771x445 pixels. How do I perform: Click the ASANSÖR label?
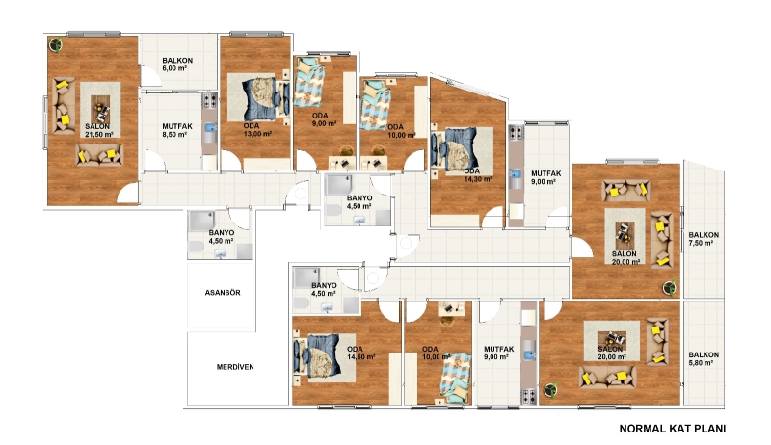[x=223, y=293]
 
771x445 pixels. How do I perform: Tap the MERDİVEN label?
[x=235, y=367]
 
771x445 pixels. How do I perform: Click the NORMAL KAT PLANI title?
[x=672, y=429]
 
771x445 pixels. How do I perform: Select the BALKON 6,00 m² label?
[x=177, y=65]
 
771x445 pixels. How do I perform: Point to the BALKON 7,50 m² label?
[x=704, y=239]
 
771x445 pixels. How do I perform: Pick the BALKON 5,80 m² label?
[x=704, y=358]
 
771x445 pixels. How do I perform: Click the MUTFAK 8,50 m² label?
[x=177, y=130]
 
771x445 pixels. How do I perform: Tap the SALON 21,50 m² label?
[x=99, y=130]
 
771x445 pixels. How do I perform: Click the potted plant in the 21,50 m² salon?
[x=56, y=45]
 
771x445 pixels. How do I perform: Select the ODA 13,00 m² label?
[x=257, y=130]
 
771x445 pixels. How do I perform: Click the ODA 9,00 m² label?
[x=324, y=119]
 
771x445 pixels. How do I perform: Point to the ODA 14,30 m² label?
[x=478, y=175]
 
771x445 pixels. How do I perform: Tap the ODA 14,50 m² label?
[x=360, y=353]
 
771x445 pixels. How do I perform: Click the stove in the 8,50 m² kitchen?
[x=210, y=101]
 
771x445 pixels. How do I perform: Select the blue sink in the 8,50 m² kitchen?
[x=210, y=128]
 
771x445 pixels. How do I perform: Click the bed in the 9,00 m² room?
[x=309, y=82]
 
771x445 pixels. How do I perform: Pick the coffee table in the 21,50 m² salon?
[x=101, y=108]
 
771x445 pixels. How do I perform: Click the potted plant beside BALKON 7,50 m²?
[x=669, y=287]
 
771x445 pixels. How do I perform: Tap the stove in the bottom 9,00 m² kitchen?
[x=529, y=396]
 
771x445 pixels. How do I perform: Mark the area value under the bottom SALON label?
[x=612, y=357]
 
